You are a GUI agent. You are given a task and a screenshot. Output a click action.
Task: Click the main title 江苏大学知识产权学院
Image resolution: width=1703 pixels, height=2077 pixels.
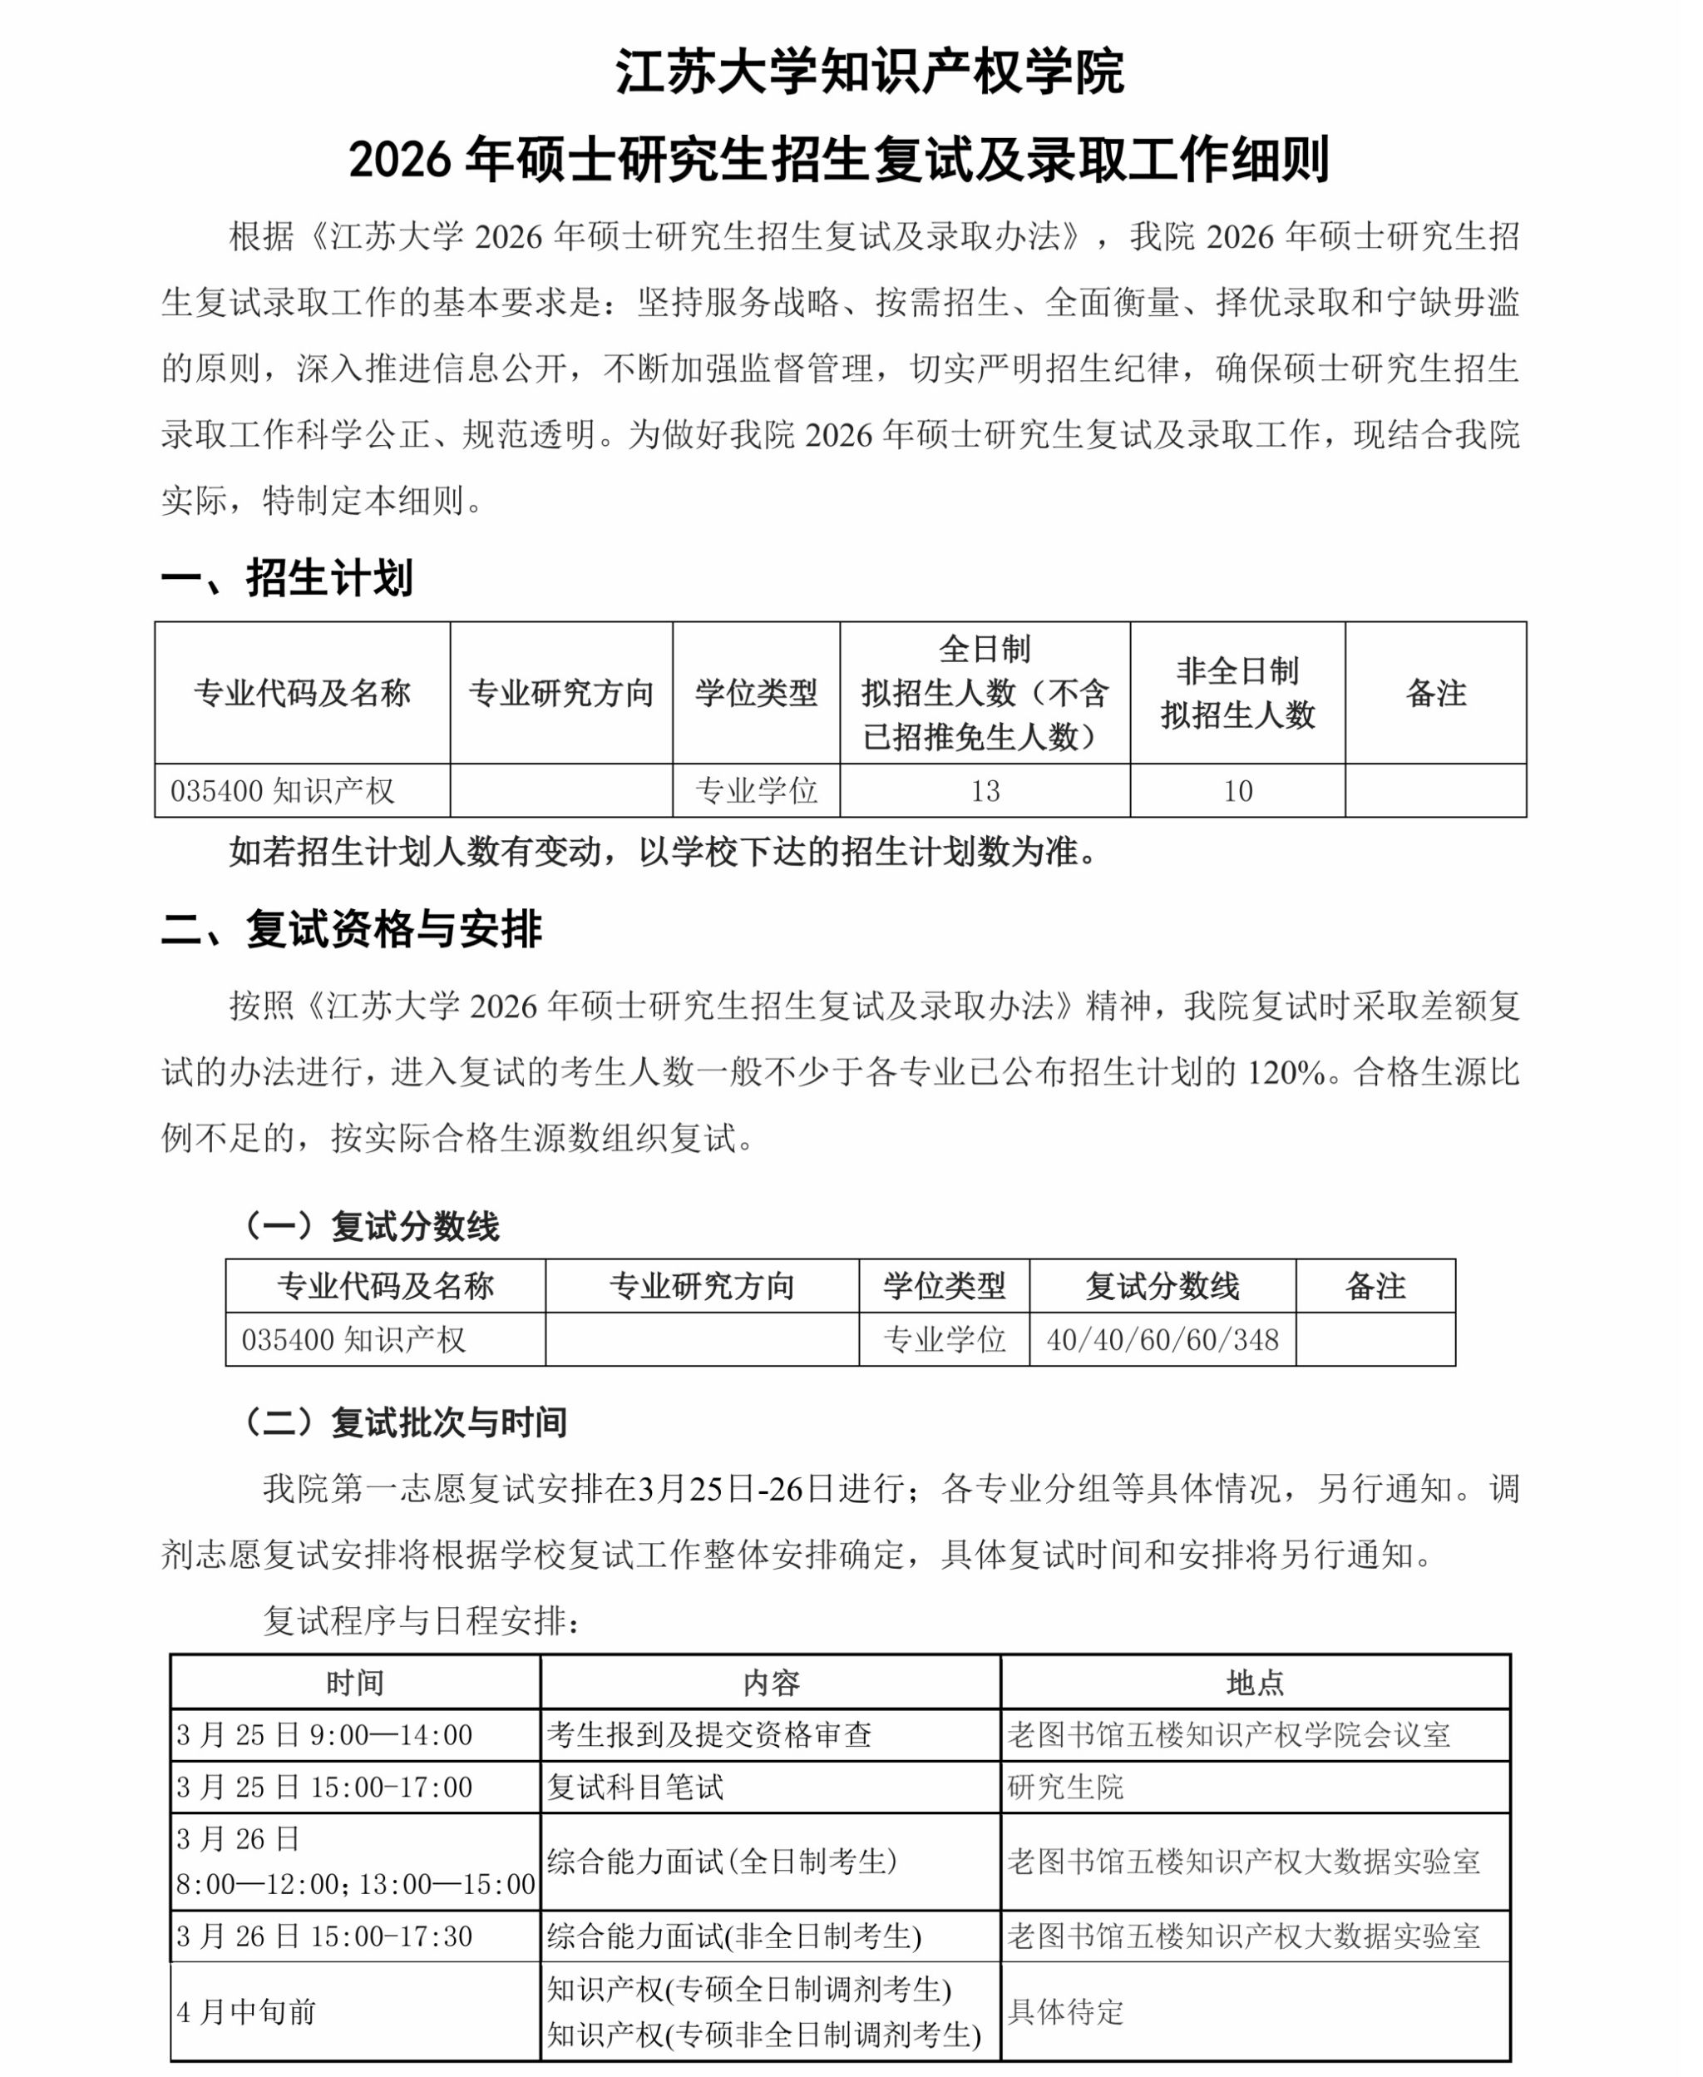869,72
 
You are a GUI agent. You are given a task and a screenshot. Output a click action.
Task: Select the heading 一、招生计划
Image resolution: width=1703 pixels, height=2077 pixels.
286,578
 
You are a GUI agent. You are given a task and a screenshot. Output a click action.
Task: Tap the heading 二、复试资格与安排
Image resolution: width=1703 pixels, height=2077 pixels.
351,928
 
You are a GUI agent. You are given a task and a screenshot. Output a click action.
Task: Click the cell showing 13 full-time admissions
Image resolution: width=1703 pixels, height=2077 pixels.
984,791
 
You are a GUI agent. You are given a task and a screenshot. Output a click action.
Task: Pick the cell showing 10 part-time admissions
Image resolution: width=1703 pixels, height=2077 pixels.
1237,791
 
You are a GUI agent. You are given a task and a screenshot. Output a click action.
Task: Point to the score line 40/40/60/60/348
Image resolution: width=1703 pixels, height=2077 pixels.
1162,1339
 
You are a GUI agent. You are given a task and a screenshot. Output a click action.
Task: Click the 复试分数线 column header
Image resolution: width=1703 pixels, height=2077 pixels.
1162,1285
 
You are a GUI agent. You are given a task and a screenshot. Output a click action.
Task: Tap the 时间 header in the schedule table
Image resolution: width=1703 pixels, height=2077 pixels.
355,1683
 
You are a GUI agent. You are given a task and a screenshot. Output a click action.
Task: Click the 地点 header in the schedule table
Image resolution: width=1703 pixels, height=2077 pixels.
1255,1683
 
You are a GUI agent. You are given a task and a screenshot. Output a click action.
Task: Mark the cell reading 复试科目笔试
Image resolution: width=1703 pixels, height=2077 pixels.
634,1787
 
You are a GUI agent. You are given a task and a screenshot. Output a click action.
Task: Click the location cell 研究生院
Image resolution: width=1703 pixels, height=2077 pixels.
1065,1787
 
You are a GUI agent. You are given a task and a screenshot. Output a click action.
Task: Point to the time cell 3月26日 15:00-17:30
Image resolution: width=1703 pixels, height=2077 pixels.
324,1936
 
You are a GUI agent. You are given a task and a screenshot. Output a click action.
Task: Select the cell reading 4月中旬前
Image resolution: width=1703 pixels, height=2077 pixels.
246,2012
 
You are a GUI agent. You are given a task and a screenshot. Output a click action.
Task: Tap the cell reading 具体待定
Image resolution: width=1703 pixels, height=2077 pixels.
1065,2012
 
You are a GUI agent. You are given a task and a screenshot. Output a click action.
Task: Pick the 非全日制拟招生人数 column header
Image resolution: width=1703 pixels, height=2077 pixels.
1237,693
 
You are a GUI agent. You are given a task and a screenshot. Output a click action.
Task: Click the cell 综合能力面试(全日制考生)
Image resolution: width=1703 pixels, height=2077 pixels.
722,1862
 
